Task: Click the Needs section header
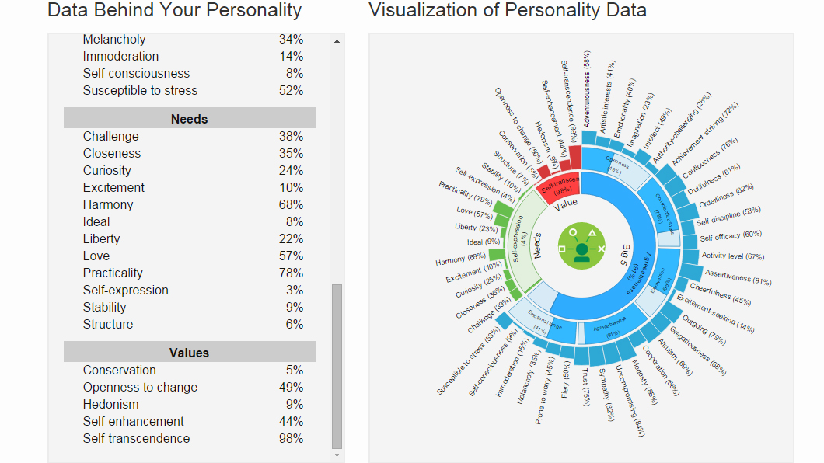(189, 119)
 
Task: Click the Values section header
(189, 353)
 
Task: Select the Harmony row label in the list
(108, 204)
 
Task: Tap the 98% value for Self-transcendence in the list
(291, 438)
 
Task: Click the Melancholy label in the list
(114, 39)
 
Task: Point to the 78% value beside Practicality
(291, 273)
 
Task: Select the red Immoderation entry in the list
(120, 56)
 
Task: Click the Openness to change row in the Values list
(140, 387)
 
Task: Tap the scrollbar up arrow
(337, 40)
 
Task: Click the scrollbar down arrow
(337, 455)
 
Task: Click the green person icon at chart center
(581, 249)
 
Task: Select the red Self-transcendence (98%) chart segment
(560, 186)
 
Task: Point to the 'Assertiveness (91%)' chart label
(738, 277)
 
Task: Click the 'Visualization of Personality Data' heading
(507, 10)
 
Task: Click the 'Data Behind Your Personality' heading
(174, 10)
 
